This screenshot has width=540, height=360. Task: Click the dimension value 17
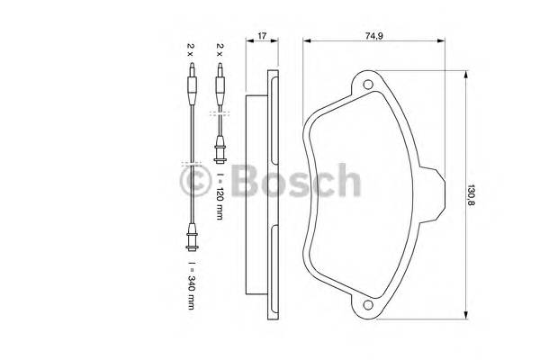261,36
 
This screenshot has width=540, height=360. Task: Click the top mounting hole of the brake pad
367,86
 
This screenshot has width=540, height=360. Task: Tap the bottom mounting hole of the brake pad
367,306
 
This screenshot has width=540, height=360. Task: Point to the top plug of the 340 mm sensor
190,85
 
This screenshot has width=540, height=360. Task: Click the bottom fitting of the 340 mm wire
190,238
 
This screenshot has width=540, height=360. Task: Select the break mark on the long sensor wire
190,164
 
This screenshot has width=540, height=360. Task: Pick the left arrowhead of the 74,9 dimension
307,40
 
